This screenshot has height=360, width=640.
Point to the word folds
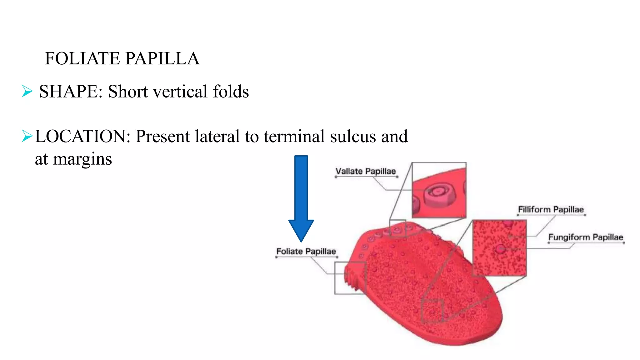click(231, 92)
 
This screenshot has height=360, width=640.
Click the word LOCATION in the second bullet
click(82, 137)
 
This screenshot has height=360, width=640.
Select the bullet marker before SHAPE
click(27, 91)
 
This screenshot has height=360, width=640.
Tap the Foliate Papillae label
click(306, 252)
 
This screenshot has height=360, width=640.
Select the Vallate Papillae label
click(365, 171)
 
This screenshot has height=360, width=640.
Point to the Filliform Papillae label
click(551, 210)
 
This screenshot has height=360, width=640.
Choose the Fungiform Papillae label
click(586, 237)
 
